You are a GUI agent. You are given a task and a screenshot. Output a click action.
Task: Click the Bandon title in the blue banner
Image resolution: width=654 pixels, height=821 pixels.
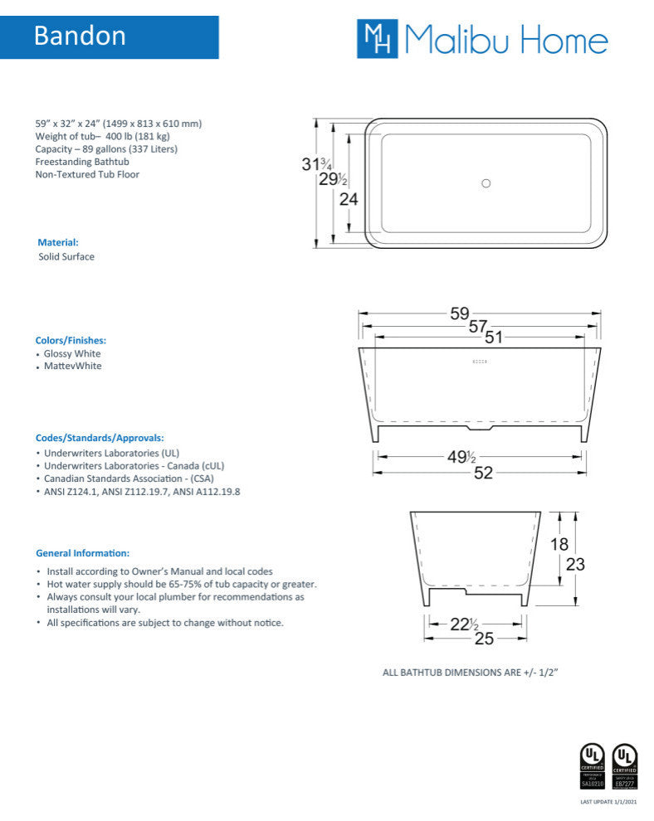coord(80,36)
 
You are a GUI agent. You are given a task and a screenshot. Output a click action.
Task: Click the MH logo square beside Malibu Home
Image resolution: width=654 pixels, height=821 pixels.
coord(377,39)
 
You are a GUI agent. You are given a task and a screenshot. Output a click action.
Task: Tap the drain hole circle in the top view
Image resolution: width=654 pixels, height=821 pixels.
coord(486,183)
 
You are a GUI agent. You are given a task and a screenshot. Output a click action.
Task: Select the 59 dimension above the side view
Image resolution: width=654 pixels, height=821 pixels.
coord(460,314)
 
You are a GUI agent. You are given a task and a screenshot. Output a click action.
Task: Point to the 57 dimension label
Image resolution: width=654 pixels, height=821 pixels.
coord(477,327)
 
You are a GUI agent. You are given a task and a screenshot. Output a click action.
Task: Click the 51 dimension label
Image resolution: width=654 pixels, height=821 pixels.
coord(494,337)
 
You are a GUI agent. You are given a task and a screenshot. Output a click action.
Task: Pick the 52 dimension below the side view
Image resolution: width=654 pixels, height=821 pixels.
coord(483,473)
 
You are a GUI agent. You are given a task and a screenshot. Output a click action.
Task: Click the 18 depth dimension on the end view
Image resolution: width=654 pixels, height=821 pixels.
coord(560,544)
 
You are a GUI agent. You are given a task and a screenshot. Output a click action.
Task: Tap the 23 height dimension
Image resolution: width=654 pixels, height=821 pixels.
coord(575,564)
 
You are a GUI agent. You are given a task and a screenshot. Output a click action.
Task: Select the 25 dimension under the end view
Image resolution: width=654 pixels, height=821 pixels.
coord(484,639)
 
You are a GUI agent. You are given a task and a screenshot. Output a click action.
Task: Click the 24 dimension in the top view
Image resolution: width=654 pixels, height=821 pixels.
coord(349,199)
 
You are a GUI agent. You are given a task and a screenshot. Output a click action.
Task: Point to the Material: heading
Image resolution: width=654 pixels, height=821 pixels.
coord(58,242)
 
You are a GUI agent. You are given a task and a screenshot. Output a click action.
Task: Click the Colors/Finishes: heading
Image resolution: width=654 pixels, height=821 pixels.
coord(71,340)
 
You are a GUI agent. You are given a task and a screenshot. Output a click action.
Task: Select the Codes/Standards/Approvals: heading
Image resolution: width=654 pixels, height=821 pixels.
coord(100,437)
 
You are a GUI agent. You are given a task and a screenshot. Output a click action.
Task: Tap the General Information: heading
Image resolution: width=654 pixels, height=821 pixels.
coord(82,552)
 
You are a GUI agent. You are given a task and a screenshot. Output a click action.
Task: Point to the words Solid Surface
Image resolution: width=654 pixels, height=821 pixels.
coord(66,257)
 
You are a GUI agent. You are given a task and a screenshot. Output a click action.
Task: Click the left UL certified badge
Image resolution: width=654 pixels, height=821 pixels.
coord(591,765)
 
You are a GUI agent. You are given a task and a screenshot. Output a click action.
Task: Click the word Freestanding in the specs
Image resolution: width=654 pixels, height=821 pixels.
coord(63,162)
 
